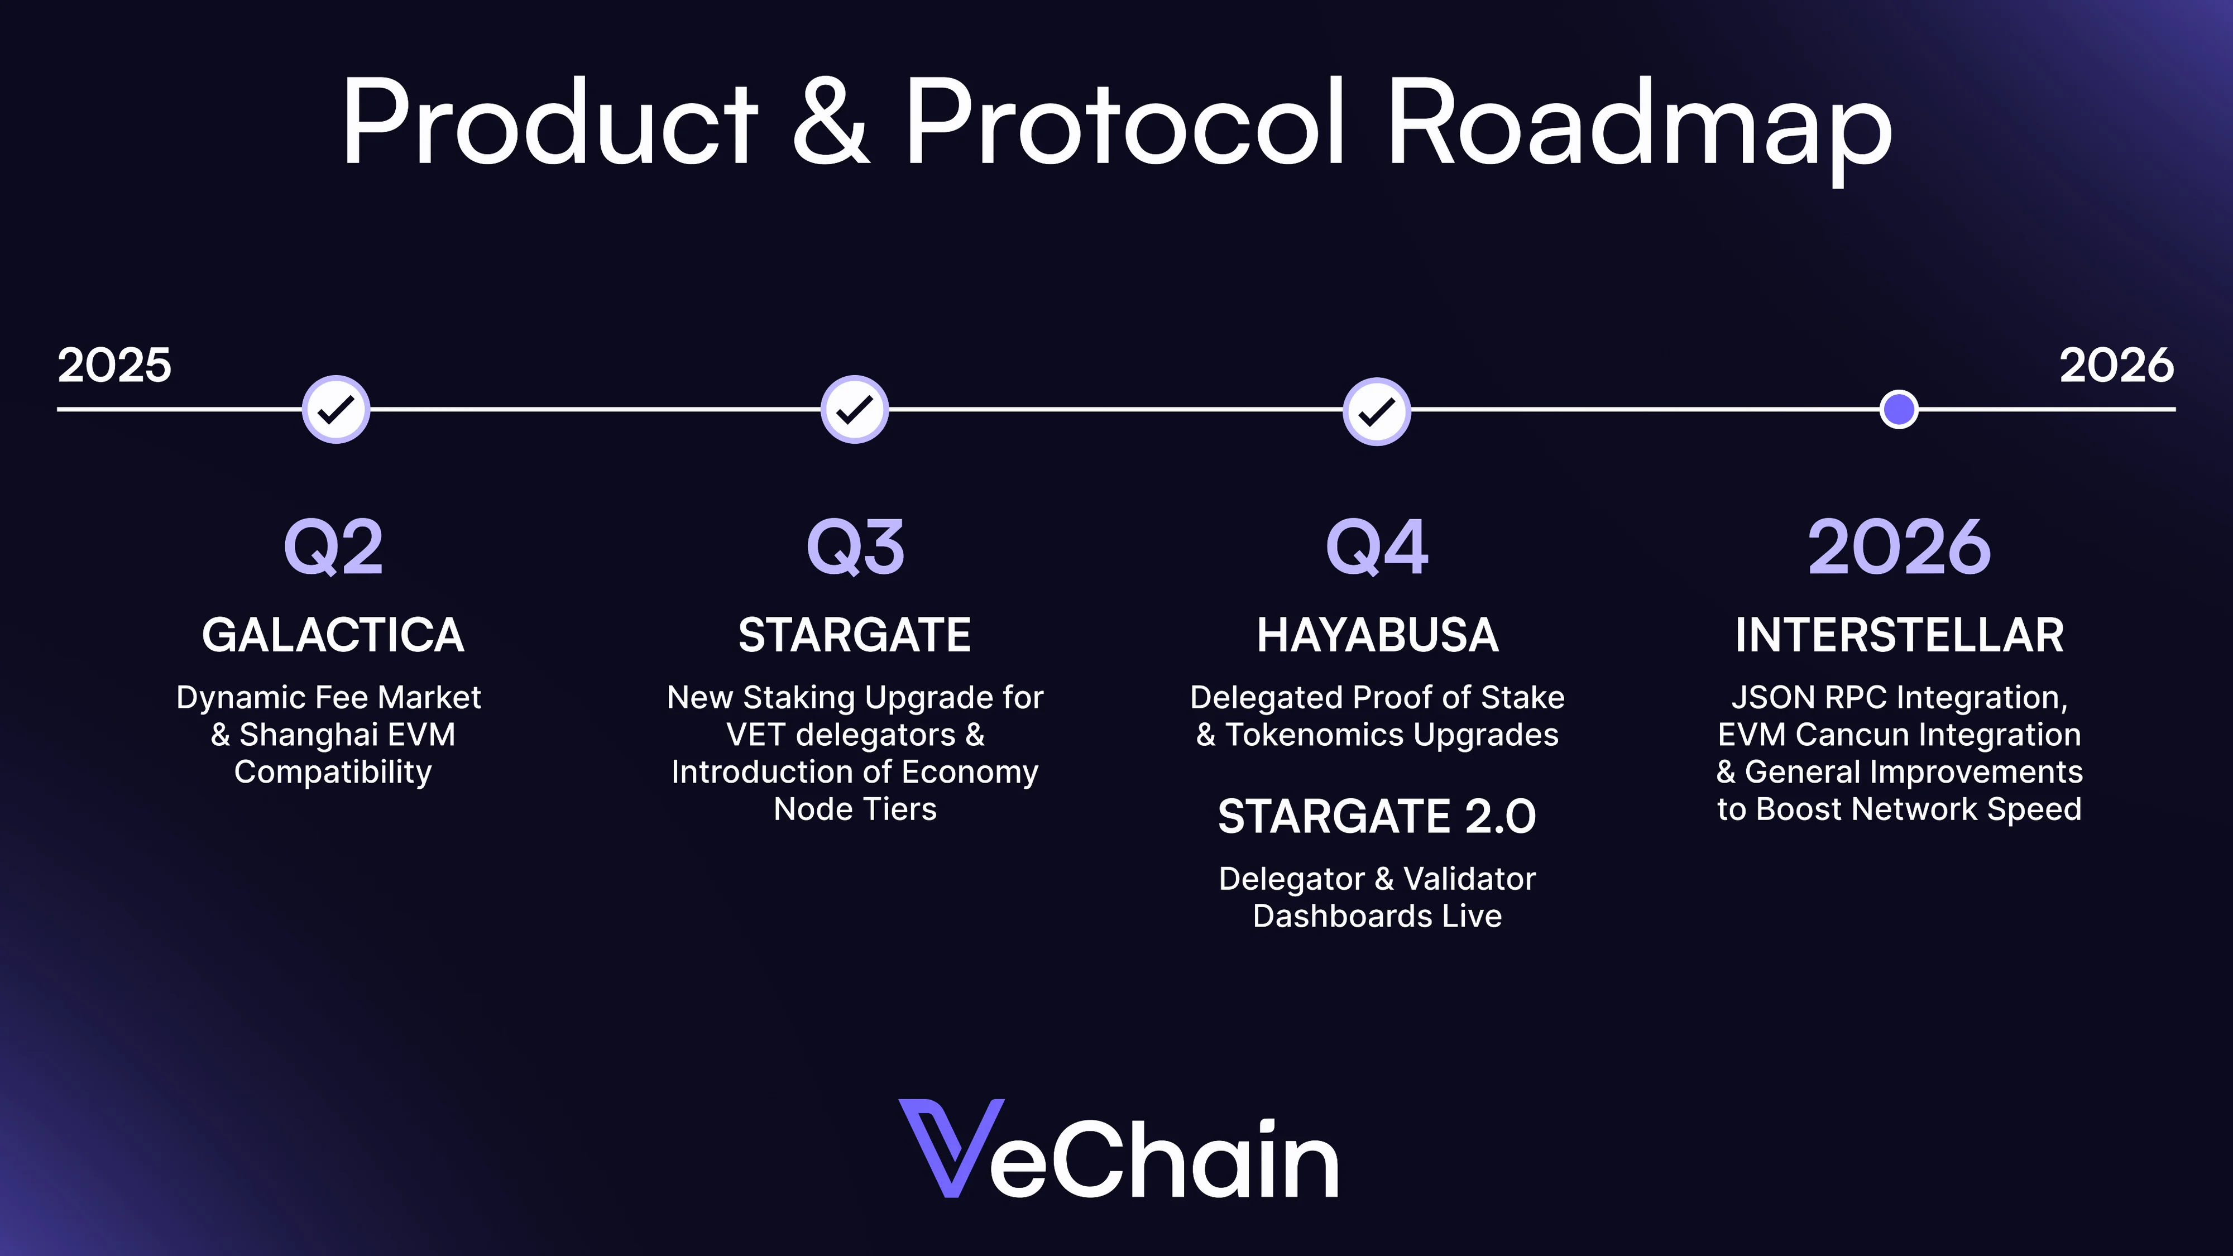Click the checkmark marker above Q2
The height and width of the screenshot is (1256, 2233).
tap(336, 409)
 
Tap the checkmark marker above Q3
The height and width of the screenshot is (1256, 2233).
tap(855, 409)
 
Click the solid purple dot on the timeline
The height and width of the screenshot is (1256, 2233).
tap(1899, 409)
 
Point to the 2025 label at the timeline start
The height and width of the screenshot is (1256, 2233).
tap(114, 365)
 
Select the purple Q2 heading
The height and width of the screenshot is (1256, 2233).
tap(334, 547)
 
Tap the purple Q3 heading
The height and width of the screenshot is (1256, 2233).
tap(856, 547)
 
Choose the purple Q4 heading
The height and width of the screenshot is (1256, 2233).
tap(1377, 547)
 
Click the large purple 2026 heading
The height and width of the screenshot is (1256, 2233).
tap(1899, 547)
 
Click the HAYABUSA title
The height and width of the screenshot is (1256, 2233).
tap(1377, 635)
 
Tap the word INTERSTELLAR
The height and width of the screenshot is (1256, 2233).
tap(1899, 635)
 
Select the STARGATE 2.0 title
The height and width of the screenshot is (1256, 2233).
tap(1377, 817)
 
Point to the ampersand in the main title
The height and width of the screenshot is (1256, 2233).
tap(831, 123)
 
